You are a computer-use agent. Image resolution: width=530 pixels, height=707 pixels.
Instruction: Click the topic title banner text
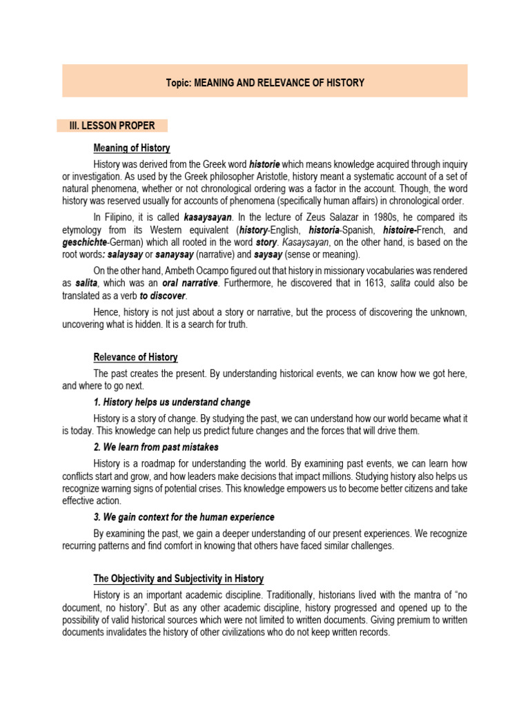pos(265,83)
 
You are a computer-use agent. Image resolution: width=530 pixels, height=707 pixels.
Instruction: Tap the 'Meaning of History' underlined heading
pos(132,148)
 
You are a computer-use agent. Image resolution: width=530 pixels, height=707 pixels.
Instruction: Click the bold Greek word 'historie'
pos(264,164)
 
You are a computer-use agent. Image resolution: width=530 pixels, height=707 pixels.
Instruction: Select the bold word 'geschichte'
pos(84,242)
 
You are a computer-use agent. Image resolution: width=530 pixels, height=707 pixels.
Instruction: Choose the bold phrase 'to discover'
pos(166,296)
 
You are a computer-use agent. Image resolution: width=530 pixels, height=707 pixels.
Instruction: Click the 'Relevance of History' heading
pos(135,357)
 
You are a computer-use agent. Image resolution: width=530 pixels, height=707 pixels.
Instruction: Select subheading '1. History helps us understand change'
pos(172,402)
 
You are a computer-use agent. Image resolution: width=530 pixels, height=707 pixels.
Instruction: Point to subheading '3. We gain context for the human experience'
pos(184,516)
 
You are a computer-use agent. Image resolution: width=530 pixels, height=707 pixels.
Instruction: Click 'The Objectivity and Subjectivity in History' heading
pos(178,579)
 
